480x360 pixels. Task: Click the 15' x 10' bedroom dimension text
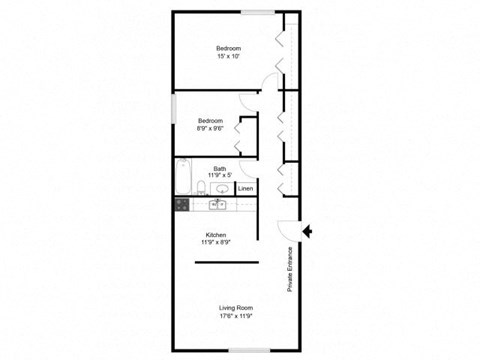230,56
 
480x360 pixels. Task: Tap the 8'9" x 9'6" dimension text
215,127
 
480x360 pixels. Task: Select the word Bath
219,168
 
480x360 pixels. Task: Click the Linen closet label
245,187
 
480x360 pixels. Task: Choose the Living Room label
236,307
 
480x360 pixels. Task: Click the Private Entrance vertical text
290,270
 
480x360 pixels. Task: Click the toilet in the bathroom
201,186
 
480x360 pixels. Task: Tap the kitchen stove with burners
182,204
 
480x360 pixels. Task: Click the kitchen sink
217,204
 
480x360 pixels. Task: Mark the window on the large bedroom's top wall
257,12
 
